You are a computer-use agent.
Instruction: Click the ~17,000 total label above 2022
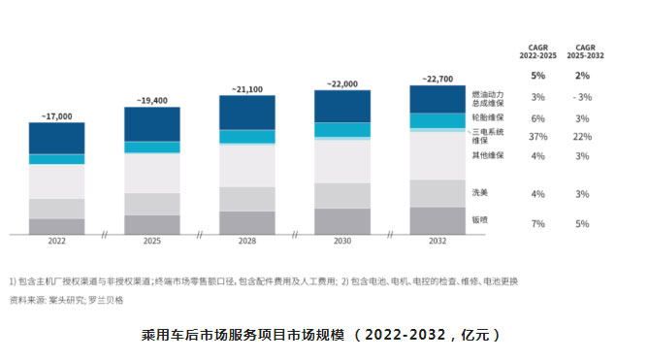pyautogui.click(x=56, y=116)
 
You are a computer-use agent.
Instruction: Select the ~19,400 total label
pyautogui.click(x=151, y=101)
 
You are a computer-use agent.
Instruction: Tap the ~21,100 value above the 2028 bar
pyautogui.click(x=247, y=89)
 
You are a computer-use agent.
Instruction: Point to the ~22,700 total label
pyautogui.click(x=437, y=80)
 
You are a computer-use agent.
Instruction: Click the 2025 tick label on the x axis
pyautogui.click(x=151, y=241)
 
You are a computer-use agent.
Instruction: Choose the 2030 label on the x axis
pyautogui.click(x=341, y=241)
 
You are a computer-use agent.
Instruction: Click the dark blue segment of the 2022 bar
pyautogui.click(x=56, y=138)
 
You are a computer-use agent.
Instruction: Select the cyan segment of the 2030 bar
pyautogui.click(x=341, y=129)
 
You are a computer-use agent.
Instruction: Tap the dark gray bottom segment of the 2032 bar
pyautogui.click(x=437, y=220)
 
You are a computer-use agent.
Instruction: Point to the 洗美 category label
pyautogui.click(x=479, y=192)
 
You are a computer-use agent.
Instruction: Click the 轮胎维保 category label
pyautogui.click(x=487, y=116)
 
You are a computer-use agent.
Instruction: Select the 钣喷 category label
pyautogui.click(x=479, y=220)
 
